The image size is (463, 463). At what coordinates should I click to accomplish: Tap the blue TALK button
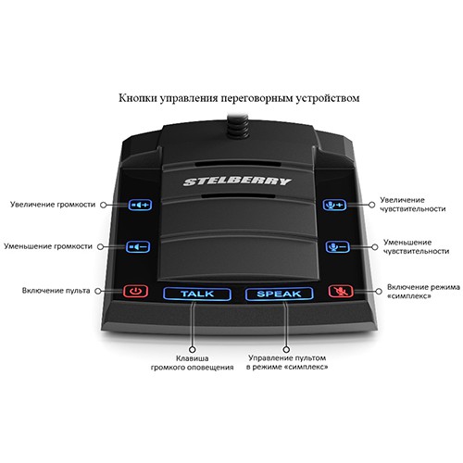pyautogui.click(x=197, y=294)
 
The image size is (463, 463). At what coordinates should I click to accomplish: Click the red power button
pyautogui.click(x=136, y=291)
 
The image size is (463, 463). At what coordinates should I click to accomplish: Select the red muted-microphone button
pyautogui.click(x=341, y=291)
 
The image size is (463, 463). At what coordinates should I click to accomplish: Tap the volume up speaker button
pyautogui.click(x=140, y=205)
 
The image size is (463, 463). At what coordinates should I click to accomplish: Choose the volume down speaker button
pyautogui.click(x=138, y=246)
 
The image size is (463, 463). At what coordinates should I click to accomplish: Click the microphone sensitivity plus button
pyautogui.click(x=334, y=205)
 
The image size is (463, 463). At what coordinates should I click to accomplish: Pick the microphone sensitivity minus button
pyautogui.click(x=337, y=246)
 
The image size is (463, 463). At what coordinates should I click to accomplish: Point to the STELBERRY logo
pyautogui.click(x=237, y=181)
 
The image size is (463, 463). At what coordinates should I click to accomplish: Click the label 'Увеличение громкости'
pyautogui.click(x=53, y=205)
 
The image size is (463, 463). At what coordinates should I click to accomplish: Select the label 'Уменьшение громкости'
pyautogui.click(x=48, y=246)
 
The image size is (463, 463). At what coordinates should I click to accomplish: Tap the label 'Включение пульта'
pyautogui.click(x=56, y=291)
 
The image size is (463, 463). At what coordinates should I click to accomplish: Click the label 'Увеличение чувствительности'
pyautogui.click(x=413, y=205)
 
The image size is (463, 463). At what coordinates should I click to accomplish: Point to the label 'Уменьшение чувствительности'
pyautogui.click(x=416, y=246)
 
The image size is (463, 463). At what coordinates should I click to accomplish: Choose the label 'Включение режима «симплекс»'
pyautogui.click(x=423, y=292)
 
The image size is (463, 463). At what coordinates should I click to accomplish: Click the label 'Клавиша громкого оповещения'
pyautogui.click(x=192, y=363)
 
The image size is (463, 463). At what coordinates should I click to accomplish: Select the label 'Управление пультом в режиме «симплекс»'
pyautogui.click(x=287, y=362)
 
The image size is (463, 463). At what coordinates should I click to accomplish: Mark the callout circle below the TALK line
pyautogui.click(x=193, y=349)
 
